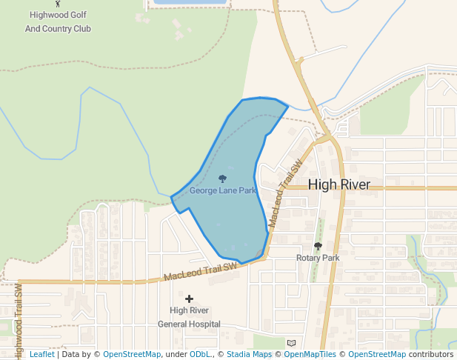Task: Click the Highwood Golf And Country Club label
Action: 58,21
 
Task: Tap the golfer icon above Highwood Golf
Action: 59,4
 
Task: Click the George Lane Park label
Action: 222,190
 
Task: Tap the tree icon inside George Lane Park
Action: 222,179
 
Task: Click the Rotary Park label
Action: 318,258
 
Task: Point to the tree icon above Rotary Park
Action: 318,246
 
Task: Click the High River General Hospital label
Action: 189,317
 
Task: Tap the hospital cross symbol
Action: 190,299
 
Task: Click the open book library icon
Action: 291,343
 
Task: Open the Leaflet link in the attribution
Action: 41,355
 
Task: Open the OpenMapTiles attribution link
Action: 310,355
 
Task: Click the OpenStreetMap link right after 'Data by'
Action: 132,355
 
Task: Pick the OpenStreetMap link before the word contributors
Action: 377,355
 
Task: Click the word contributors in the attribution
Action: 431,355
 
